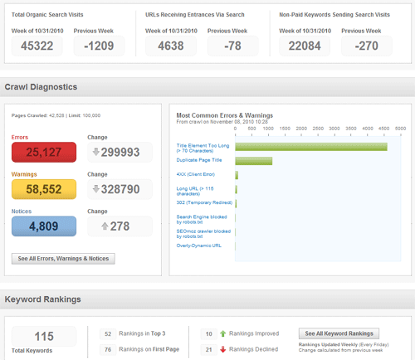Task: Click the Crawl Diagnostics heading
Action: pos(41,86)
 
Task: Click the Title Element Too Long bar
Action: pos(311,147)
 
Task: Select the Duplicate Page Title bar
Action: pos(254,160)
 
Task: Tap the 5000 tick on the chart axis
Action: pos(400,129)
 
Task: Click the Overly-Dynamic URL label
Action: pos(199,245)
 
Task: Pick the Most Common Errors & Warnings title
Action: pos(225,114)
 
